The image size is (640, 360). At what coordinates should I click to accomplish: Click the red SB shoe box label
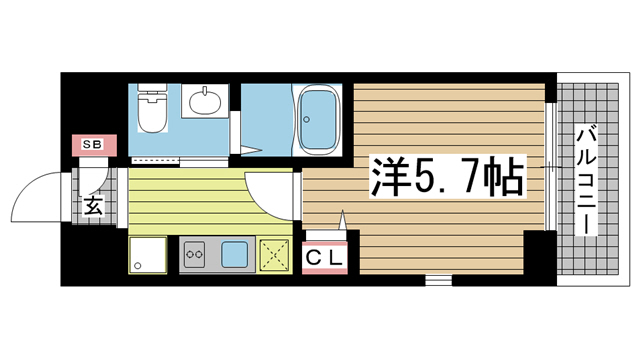(x=91, y=145)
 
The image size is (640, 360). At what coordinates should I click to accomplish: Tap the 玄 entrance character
(x=91, y=207)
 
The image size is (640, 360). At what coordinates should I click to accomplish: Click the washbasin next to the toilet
(x=208, y=103)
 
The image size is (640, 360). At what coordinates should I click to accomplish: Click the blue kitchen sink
(x=235, y=254)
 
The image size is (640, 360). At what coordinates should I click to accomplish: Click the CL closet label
(x=324, y=257)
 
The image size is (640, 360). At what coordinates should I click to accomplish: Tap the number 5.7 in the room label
(x=441, y=177)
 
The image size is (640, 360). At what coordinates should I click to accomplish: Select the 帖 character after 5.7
(x=499, y=177)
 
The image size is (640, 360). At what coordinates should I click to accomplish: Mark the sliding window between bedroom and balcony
(x=549, y=165)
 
